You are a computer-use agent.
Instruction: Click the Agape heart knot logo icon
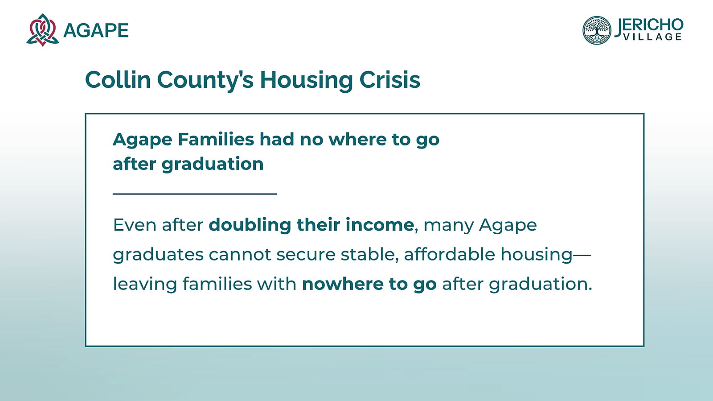click(x=43, y=30)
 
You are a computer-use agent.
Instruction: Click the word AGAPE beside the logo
click(x=96, y=31)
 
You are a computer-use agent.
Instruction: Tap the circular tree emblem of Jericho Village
click(x=597, y=30)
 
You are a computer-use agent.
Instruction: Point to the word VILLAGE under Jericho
click(x=652, y=37)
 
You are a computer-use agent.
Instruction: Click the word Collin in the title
click(x=118, y=80)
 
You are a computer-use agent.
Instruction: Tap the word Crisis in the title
click(x=390, y=80)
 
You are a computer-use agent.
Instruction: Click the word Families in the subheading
click(x=216, y=139)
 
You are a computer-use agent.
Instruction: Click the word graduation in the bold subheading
click(x=213, y=164)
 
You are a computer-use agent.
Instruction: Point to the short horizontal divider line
click(x=195, y=194)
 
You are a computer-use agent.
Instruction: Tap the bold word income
click(x=379, y=225)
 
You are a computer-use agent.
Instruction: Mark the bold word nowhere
click(x=342, y=284)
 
